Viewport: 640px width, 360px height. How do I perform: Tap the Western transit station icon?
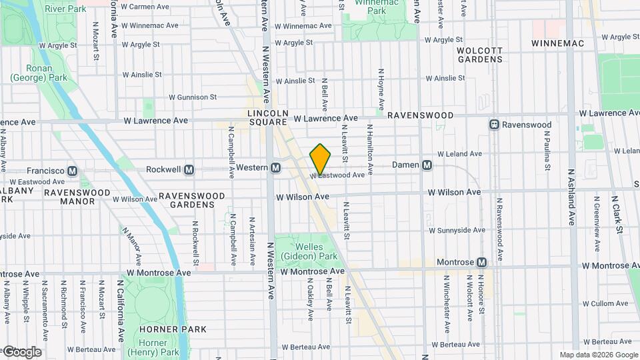click(x=275, y=168)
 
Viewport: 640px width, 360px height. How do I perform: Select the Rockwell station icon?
click(x=189, y=169)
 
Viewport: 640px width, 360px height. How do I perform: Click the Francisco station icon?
click(x=73, y=171)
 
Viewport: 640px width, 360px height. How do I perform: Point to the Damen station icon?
click(x=427, y=165)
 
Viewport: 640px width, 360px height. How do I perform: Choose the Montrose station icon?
click(x=482, y=262)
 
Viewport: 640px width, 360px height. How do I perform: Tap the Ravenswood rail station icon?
click(x=495, y=125)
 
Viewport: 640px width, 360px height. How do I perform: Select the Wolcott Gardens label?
click(x=479, y=55)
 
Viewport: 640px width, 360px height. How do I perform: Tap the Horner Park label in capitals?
click(x=164, y=329)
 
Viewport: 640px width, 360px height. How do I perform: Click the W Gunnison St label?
click(x=193, y=97)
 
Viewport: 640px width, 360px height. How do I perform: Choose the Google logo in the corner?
click(x=22, y=351)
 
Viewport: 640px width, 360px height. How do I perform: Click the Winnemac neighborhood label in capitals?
click(x=557, y=43)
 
